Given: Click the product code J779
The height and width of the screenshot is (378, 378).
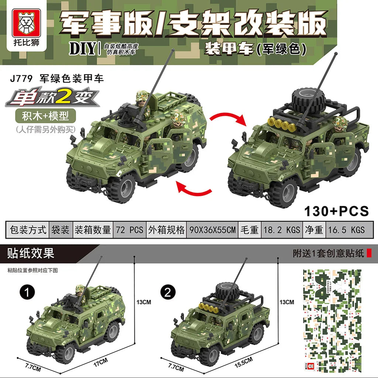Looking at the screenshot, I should (x=21, y=78).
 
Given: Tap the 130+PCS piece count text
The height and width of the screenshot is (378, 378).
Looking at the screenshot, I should (x=336, y=211).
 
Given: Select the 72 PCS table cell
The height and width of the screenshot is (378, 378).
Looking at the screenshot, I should (x=129, y=230).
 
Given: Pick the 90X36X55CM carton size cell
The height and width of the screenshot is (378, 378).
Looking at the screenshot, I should (x=212, y=230).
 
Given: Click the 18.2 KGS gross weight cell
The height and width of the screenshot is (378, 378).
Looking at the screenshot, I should (x=282, y=230).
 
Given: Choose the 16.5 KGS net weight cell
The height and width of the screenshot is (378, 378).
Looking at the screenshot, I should (x=346, y=230).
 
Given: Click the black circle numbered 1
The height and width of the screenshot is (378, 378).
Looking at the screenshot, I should (x=27, y=292).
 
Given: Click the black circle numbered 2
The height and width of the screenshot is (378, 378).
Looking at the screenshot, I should (x=168, y=292).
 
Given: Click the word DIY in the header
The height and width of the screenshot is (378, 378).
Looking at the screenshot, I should (x=82, y=49).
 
